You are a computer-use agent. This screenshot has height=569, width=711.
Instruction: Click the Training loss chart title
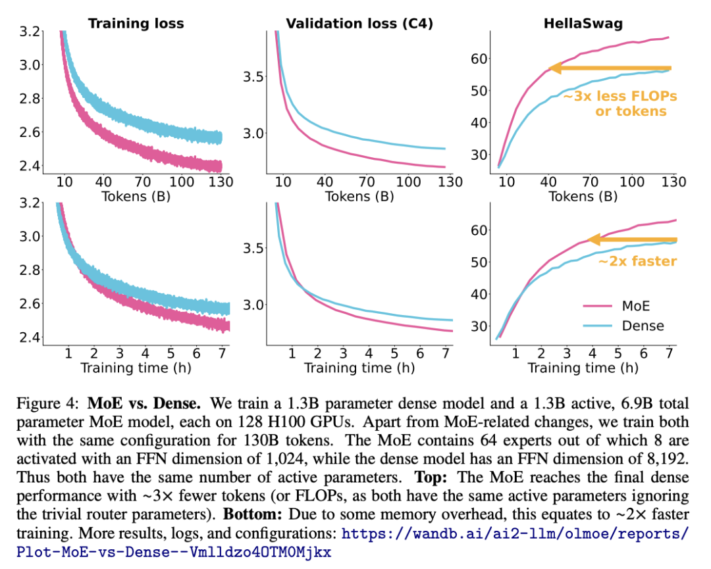[x=136, y=24]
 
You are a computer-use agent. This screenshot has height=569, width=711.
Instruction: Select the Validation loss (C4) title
[x=359, y=24]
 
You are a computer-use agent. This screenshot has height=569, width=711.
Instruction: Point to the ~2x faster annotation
[x=637, y=260]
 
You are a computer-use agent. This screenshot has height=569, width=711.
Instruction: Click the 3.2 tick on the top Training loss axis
[x=31, y=31]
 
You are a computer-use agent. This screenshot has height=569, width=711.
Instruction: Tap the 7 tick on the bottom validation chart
[x=445, y=353]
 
